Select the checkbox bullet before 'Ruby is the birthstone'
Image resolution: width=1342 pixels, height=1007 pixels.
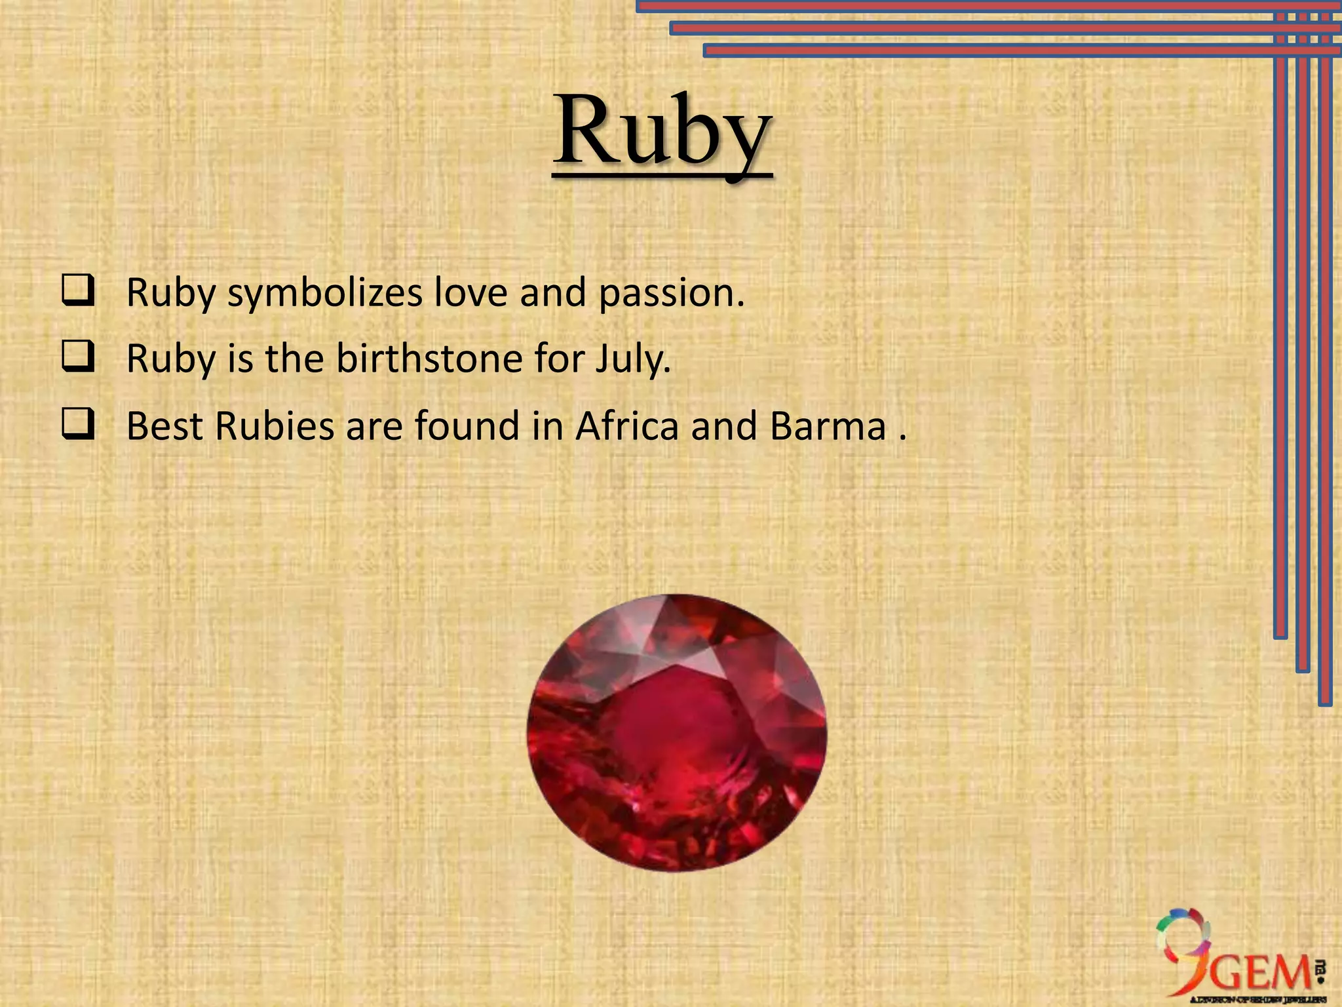point(78,357)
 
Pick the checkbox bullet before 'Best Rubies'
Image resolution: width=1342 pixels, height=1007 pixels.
point(78,424)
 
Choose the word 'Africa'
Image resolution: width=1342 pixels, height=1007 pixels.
point(627,426)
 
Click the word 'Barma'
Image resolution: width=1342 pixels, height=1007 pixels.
point(828,426)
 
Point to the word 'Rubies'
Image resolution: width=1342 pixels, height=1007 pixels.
point(275,426)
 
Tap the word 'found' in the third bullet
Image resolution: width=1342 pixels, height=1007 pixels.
point(467,426)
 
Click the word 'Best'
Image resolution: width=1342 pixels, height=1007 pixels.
point(164,426)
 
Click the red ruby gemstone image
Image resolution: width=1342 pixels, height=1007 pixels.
point(676,732)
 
